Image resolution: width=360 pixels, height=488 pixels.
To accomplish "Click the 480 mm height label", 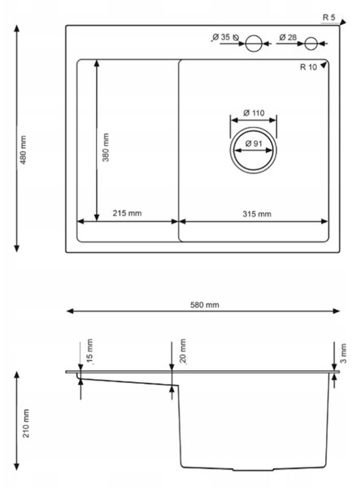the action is [x=24, y=150].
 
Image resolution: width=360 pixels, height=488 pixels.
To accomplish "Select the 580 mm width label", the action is [x=205, y=305].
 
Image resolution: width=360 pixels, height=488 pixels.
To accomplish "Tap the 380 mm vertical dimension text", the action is [x=106, y=147].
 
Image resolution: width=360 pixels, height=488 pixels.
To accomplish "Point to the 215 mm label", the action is [x=127, y=213].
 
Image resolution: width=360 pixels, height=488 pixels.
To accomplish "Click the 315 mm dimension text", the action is [x=257, y=214].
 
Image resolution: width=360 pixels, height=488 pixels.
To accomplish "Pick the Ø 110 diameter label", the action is [x=254, y=113].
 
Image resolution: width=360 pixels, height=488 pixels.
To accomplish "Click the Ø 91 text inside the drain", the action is [x=254, y=143].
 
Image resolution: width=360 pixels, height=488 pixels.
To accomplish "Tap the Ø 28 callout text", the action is [x=288, y=37].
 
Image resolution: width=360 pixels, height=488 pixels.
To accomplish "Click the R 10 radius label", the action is [x=308, y=67].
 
